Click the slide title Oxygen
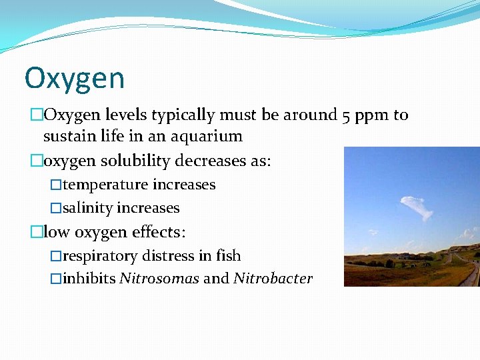pyautogui.click(x=74, y=79)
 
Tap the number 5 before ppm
pyautogui.click(x=347, y=115)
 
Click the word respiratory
pyautogui.click(x=97, y=257)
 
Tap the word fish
pyautogui.click(x=228, y=256)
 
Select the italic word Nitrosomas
pyautogui.click(x=159, y=279)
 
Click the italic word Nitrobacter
pyautogui.click(x=273, y=279)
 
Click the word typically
pyautogui.click(x=183, y=116)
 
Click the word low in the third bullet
pyautogui.click(x=57, y=232)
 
